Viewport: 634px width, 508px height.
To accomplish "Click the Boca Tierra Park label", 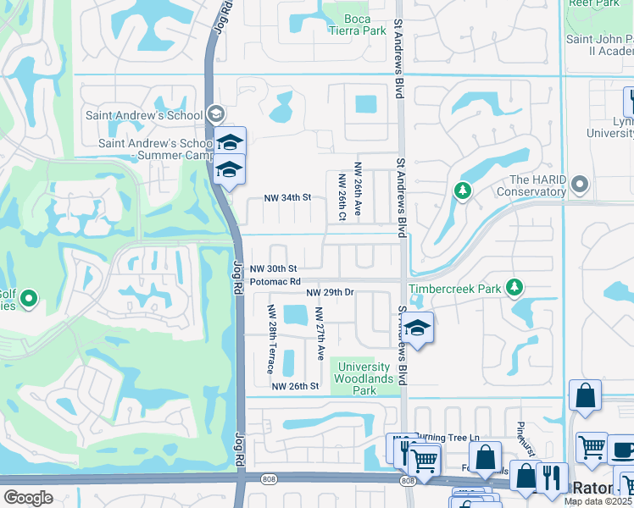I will pyautogui.click(x=358, y=24).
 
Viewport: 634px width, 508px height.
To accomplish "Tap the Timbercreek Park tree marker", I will pyautogui.click(x=514, y=289).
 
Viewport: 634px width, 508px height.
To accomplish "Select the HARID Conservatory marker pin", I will pyautogui.click(x=580, y=184).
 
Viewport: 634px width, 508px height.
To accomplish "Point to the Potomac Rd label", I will pyautogui.click(x=275, y=281).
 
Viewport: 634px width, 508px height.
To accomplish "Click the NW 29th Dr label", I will pyautogui.click(x=330, y=292).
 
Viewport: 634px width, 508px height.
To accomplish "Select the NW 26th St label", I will pyautogui.click(x=295, y=386).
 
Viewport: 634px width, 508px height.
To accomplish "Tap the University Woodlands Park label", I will pyautogui.click(x=364, y=378).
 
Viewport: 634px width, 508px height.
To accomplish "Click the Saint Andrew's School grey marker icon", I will pyautogui.click(x=215, y=114).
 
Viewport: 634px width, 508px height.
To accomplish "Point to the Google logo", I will pyautogui.click(x=28, y=498).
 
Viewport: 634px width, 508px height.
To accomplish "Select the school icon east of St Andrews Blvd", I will pyautogui.click(x=416, y=329).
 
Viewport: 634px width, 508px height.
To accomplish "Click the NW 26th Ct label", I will pyautogui.click(x=343, y=197).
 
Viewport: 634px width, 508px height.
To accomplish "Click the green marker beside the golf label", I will pyautogui.click(x=29, y=299).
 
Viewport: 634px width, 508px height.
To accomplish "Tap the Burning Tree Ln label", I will pyautogui.click(x=446, y=438).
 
